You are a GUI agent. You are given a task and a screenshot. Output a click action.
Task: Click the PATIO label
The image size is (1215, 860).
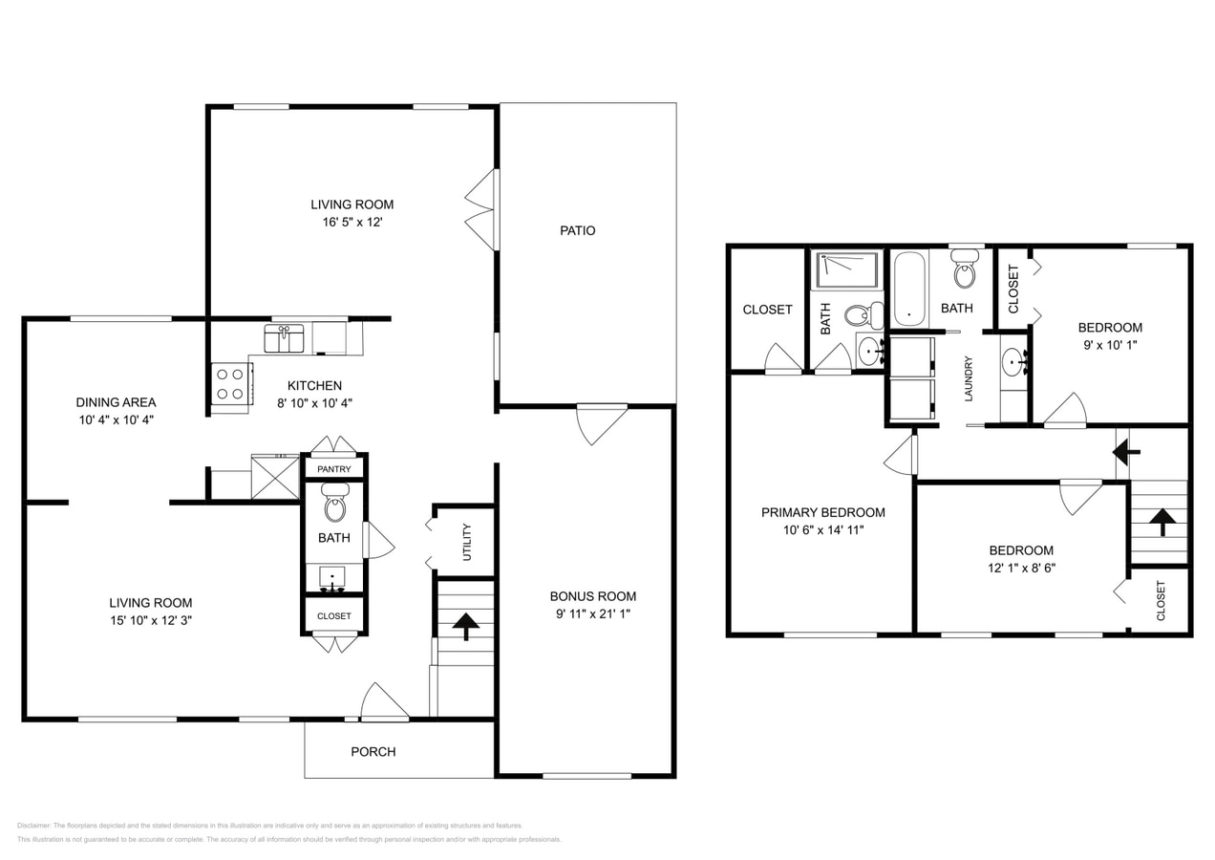[577, 230]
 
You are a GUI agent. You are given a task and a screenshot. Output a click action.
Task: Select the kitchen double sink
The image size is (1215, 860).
[284, 338]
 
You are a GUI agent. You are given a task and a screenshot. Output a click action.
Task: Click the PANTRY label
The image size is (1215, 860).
[334, 469]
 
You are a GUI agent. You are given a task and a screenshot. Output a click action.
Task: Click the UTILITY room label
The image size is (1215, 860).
[467, 542]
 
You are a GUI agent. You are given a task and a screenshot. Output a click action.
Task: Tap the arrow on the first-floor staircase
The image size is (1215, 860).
[465, 626]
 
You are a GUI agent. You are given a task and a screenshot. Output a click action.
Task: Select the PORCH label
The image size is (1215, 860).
[373, 751]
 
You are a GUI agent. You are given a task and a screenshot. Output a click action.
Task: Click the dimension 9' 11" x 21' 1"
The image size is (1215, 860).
[592, 613]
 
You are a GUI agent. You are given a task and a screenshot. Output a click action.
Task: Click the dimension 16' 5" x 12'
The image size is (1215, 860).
[352, 222]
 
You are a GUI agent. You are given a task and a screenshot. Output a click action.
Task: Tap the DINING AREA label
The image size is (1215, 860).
[116, 402]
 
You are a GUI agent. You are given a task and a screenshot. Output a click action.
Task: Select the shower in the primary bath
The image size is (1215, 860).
[845, 269]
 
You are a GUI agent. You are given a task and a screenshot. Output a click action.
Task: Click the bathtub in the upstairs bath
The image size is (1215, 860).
[908, 288]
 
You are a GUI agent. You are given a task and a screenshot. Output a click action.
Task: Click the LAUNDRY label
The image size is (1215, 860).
[968, 378]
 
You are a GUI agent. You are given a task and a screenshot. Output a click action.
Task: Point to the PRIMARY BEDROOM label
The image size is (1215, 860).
[822, 512]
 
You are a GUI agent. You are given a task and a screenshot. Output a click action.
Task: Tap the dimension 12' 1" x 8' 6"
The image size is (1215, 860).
[1021, 567]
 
